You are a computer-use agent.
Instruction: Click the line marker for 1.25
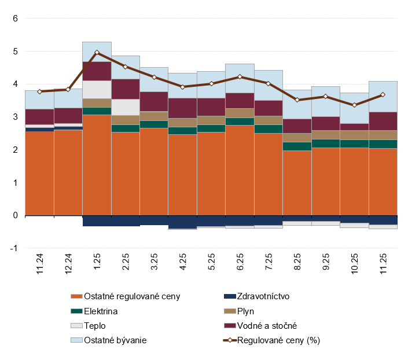(x=97, y=52)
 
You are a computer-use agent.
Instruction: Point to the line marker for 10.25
(x=354, y=105)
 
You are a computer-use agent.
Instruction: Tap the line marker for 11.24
(x=39, y=91)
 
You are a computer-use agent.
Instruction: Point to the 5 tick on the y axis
(x=16, y=52)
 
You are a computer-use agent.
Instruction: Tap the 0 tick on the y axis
(x=16, y=215)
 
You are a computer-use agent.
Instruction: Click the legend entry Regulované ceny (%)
(x=277, y=340)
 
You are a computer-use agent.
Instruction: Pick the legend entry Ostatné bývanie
(x=115, y=340)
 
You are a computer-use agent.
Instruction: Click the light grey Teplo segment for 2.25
(x=125, y=107)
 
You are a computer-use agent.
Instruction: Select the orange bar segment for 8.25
(x=297, y=182)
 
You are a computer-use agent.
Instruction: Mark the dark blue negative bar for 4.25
(x=182, y=222)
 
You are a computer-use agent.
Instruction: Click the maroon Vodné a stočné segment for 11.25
(x=383, y=121)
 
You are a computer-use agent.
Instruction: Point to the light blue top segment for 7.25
(x=269, y=85)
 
